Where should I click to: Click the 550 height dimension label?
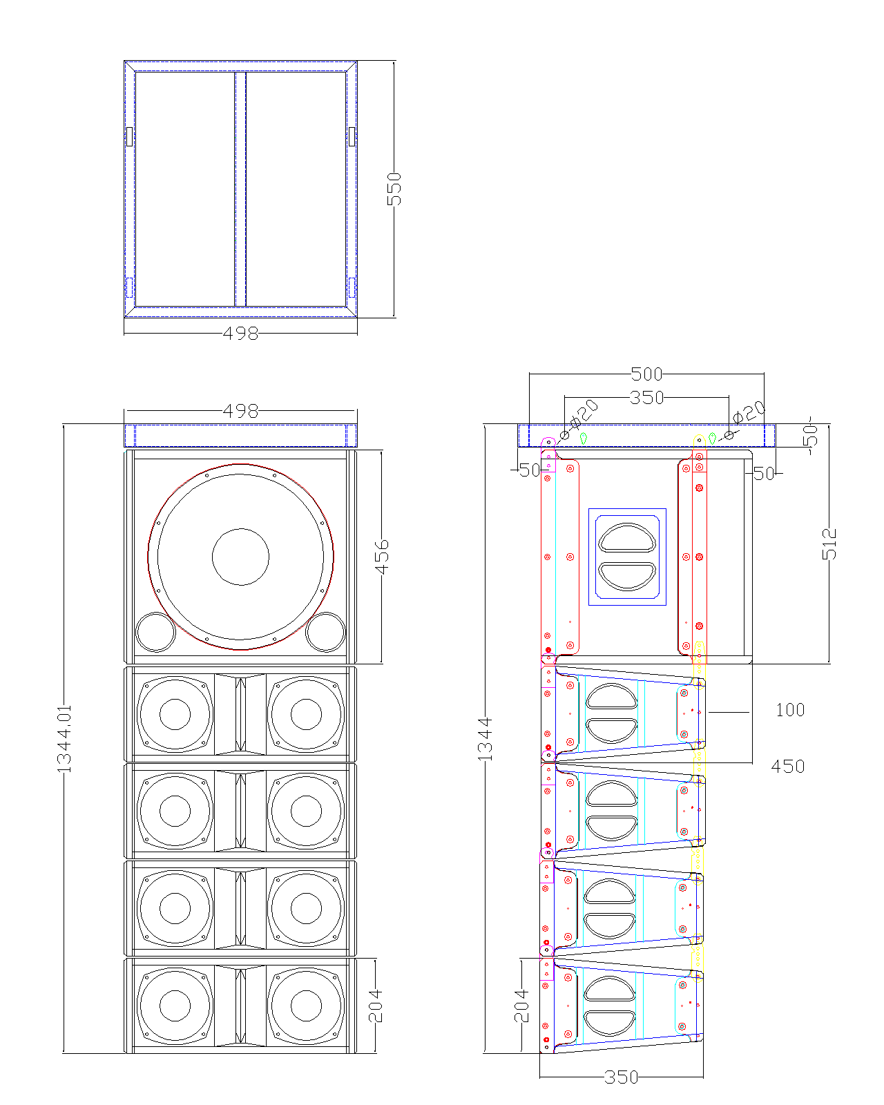(x=394, y=189)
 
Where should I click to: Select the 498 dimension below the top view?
(x=240, y=334)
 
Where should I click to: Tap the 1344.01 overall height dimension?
(x=64, y=738)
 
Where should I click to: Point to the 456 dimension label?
(x=381, y=557)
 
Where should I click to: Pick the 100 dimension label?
(x=790, y=711)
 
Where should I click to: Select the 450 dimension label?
(x=788, y=767)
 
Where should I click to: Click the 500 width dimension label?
(x=646, y=374)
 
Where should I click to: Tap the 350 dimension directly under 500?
(x=646, y=398)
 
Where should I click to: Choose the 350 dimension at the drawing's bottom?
(x=621, y=1077)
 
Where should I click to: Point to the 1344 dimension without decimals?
(x=486, y=738)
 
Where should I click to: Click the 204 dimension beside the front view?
(x=375, y=1006)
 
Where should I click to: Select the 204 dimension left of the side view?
(x=522, y=1006)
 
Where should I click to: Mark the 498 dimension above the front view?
(x=240, y=412)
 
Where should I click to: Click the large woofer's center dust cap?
(x=240, y=557)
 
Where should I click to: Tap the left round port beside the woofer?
(x=155, y=631)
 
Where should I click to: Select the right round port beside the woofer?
(x=325, y=631)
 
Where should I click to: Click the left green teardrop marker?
(x=584, y=438)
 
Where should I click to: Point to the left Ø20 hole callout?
(x=584, y=412)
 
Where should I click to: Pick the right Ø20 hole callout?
(x=749, y=412)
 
